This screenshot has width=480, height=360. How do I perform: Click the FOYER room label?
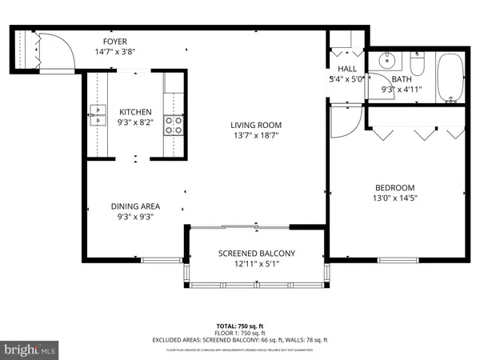114,42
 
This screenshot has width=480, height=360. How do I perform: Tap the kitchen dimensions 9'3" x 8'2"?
135,122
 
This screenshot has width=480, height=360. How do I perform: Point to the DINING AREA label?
135,206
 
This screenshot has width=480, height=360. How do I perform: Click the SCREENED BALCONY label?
257,254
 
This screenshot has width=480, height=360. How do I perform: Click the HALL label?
347,70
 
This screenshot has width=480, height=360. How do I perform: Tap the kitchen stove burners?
174,124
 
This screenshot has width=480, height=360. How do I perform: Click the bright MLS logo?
30,349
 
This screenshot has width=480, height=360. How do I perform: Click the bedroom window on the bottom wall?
399,259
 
